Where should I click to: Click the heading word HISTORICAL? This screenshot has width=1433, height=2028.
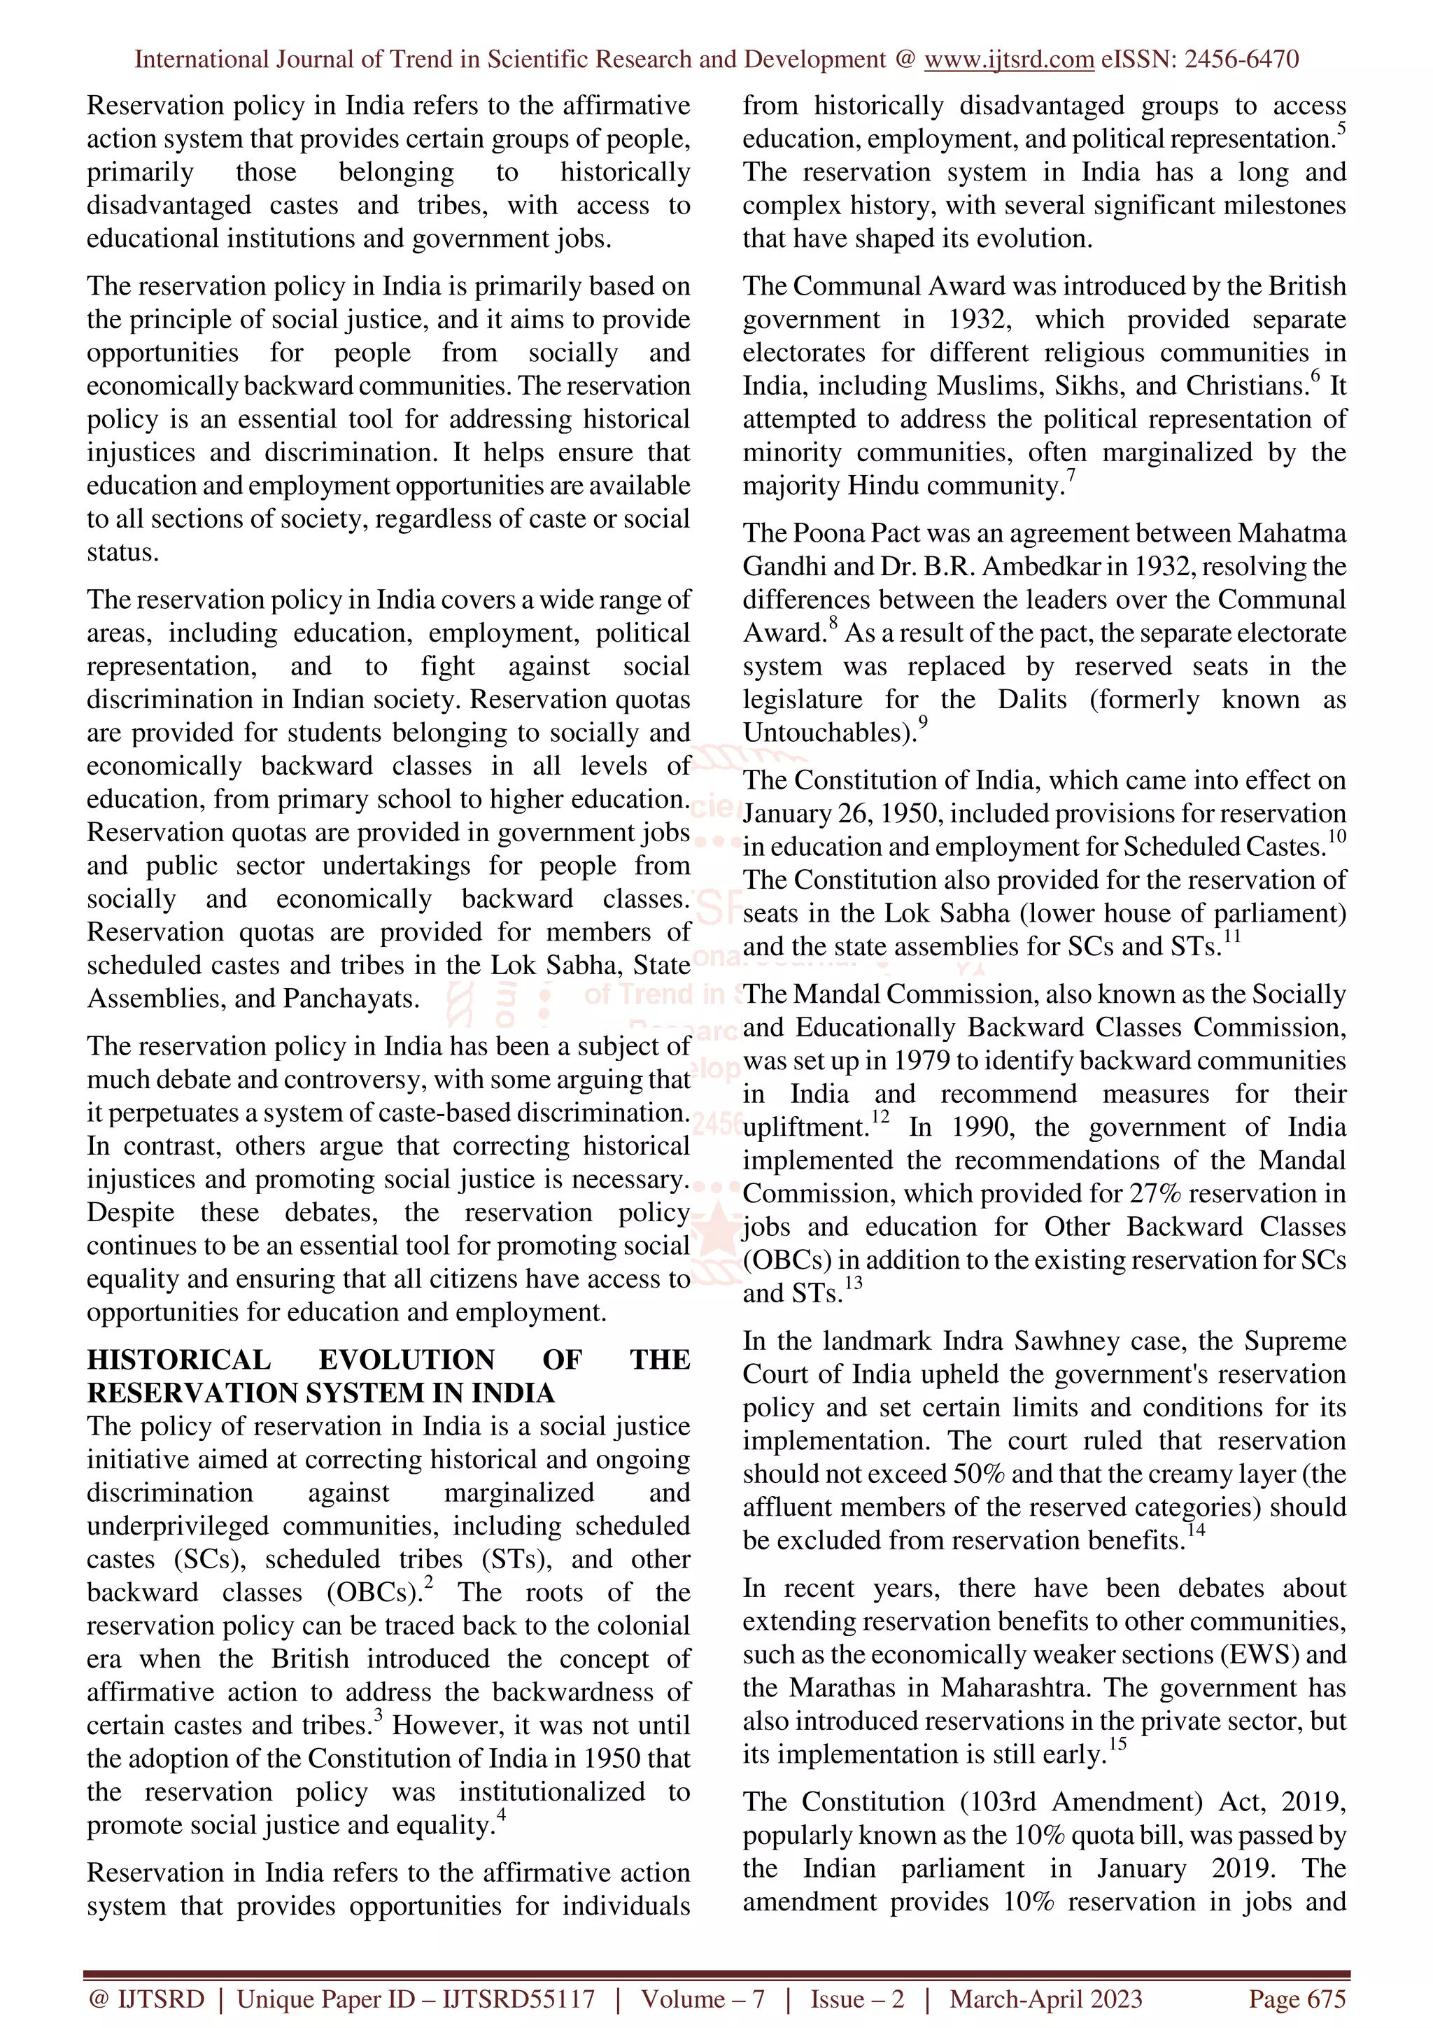click(178, 1360)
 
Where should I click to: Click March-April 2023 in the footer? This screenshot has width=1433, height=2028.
click(1045, 1999)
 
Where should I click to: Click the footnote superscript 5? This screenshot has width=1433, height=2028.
click(1341, 129)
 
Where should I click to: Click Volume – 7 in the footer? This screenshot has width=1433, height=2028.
click(702, 1999)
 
